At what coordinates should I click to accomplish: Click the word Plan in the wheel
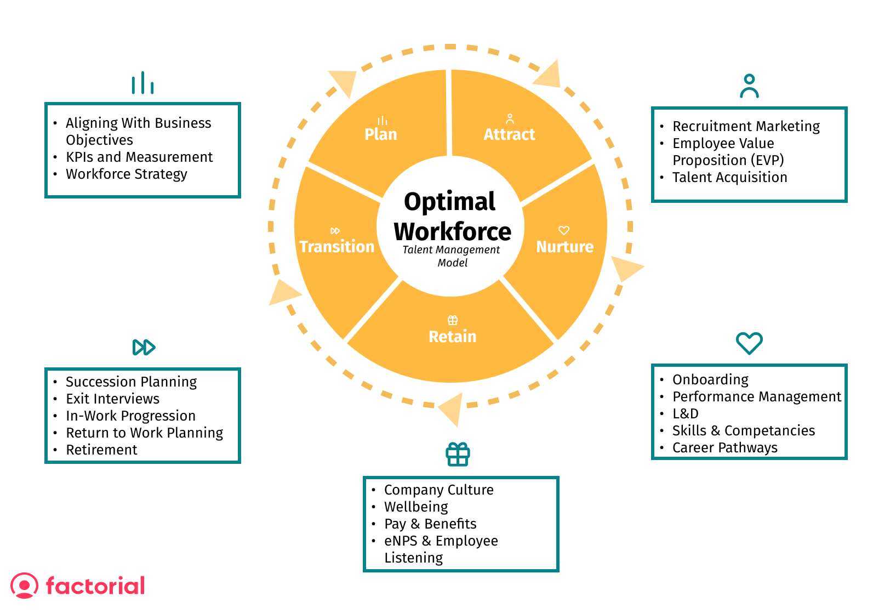tap(381, 134)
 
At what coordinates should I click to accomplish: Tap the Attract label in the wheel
tap(509, 134)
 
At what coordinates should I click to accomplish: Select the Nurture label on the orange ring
tap(564, 247)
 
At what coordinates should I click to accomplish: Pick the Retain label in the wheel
tap(452, 337)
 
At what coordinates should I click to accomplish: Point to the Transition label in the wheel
tap(337, 247)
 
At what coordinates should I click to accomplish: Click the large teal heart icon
tap(749, 343)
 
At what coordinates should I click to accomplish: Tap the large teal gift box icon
tap(458, 454)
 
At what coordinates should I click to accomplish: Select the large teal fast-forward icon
tap(144, 347)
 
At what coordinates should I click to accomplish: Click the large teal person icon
tap(749, 86)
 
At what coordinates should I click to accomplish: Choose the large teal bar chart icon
tap(142, 83)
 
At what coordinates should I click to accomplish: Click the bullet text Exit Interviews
tap(112, 399)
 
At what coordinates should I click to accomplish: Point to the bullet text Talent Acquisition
tap(729, 177)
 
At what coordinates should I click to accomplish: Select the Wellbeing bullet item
tap(416, 507)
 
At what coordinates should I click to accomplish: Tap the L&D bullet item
tap(686, 413)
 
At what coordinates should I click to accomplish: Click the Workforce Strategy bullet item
tap(127, 174)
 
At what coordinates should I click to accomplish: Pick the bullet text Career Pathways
tap(724, 447)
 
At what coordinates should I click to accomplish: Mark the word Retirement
tap(101, 450)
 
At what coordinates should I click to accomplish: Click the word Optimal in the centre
tap(449, 202)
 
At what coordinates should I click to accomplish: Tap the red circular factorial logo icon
tap(25, 585)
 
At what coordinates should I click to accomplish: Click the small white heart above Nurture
tap(563, 230)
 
